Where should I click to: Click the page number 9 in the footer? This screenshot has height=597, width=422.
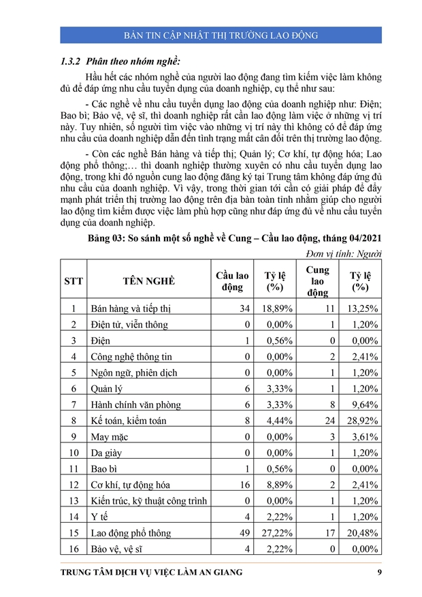pos(379,572)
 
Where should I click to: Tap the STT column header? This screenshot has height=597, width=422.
pos(73,281)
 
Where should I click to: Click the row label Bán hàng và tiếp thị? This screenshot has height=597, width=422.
pos(131,308)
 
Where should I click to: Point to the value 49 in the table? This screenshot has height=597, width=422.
pos(243,533)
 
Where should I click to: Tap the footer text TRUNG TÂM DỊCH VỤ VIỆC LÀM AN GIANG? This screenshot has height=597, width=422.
pos(151,572)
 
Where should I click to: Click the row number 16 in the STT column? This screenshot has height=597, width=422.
pos(73,549)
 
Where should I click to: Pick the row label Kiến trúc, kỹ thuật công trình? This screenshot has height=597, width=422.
pos(148,501)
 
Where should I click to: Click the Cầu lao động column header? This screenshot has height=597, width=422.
pos(232,281)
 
